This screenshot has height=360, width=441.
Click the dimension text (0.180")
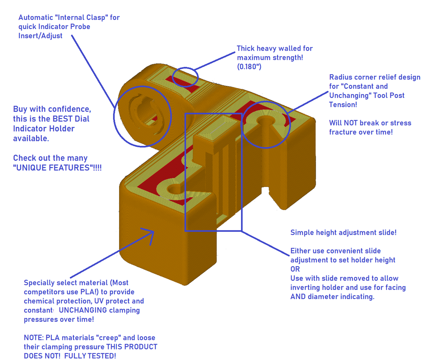249,66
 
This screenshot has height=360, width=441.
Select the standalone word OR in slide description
295,269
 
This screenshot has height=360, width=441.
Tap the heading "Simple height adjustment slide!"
343,233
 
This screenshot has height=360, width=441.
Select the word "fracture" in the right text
344,132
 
